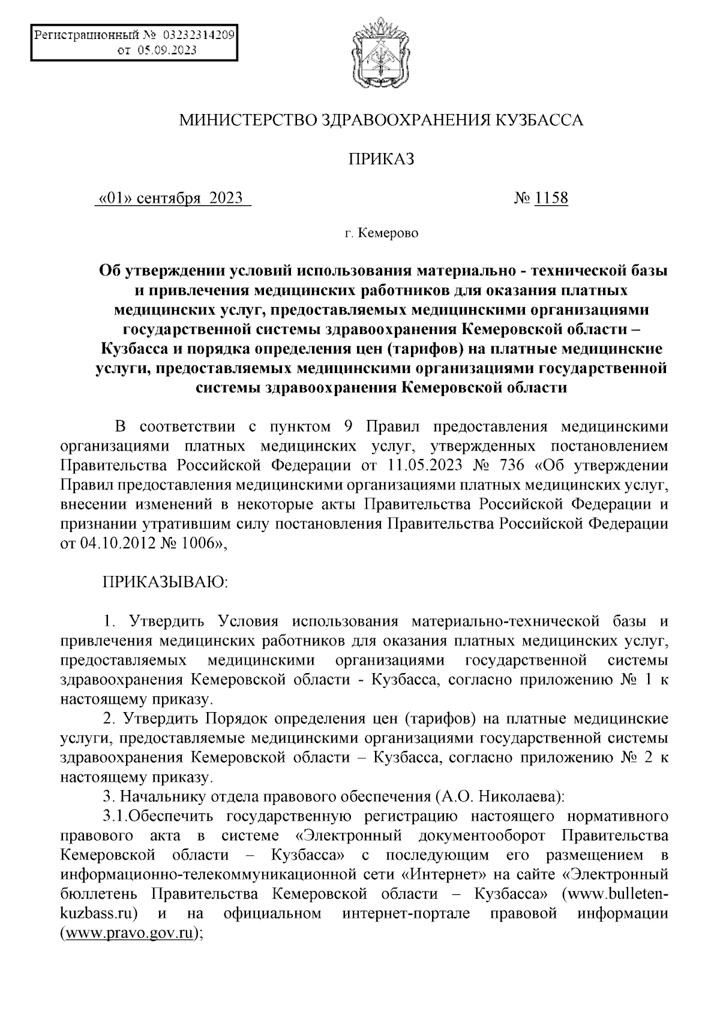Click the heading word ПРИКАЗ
(x=382, y=159)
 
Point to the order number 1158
(x=551, y=197)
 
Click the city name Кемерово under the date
(x=388, y=233)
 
